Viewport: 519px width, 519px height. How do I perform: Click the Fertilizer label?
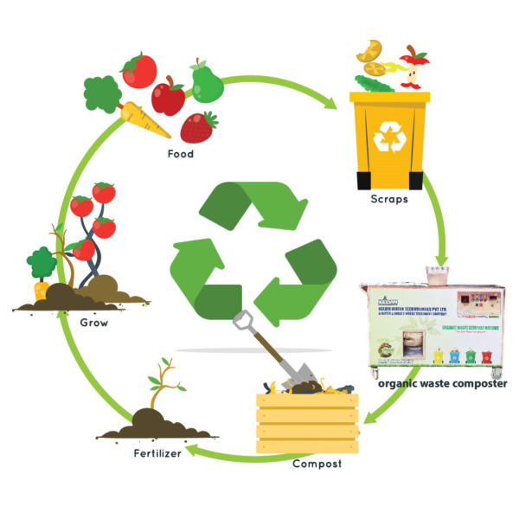click(x=157, y=453)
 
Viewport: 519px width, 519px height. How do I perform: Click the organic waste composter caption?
click(x=443, y=383)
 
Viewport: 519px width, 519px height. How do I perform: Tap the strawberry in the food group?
click(x=197, y=127)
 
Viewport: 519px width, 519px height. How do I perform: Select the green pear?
click(x=208, y=82)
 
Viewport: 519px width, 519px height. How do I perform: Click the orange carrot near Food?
click(x=144, y=119)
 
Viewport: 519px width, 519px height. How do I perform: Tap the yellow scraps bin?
click(x=388, y=138)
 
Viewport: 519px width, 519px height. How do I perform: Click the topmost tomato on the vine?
click(x=104, y=192)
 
